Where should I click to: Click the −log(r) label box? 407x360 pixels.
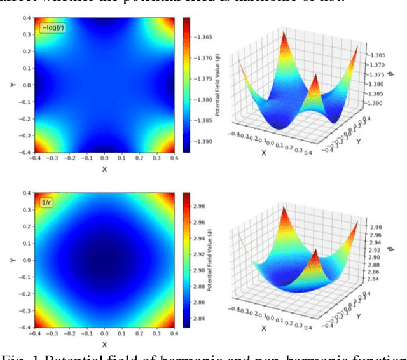(52, 27)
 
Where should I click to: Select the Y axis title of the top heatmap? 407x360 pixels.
(13, 85)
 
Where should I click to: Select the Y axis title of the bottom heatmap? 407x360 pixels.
(13, 260)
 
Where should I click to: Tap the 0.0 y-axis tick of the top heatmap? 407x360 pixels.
(26, 85)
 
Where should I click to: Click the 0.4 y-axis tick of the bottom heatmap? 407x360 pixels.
(26, 193)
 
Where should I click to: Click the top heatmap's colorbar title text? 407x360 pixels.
(217, 85)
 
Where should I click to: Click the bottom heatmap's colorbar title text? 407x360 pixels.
(217, 260)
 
